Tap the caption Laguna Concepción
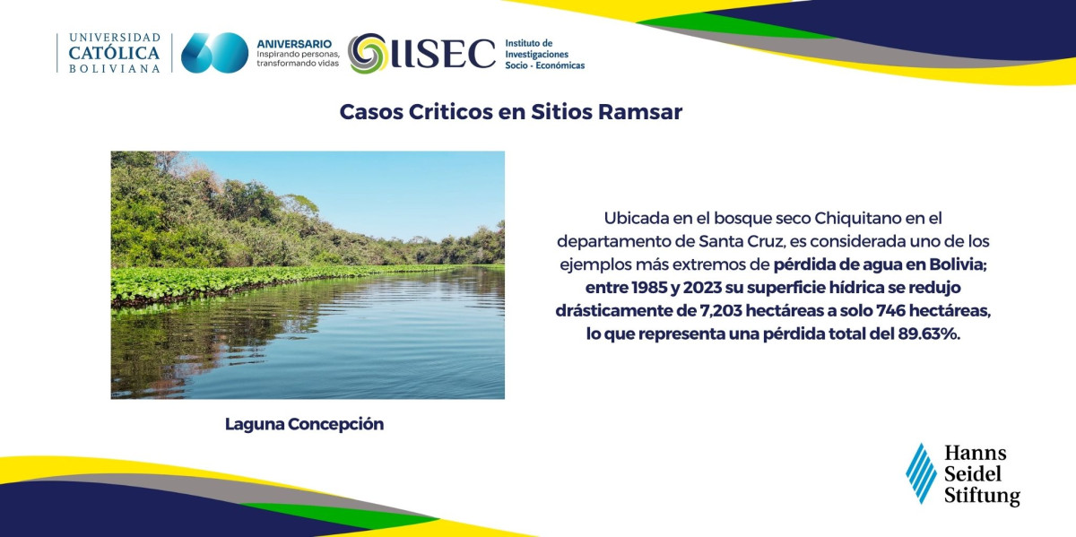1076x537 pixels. [304, 425]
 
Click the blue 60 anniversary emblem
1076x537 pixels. [214, 53]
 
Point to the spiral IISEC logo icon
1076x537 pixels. [368, 53]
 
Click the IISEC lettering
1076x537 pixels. [442, 53]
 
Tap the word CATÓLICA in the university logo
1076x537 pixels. [115, 53]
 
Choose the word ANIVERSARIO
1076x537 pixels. [294, 44]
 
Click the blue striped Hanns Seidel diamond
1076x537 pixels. [921, 473]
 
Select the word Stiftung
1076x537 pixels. [982, 496]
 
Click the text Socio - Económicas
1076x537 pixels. [545, 65]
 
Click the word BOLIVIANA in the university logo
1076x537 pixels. [115, 69]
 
